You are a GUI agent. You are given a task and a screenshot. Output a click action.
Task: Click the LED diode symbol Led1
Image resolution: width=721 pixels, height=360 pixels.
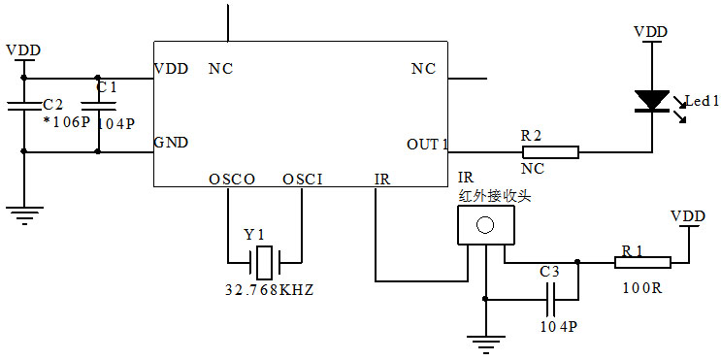coord(650,100)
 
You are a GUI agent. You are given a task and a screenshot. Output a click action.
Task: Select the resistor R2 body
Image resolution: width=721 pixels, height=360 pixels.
coord(550,151)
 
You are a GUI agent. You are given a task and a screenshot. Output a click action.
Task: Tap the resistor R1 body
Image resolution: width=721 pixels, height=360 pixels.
coord(642,262)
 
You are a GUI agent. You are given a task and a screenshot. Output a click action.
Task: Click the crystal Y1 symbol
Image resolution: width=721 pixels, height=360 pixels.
coord(264,261)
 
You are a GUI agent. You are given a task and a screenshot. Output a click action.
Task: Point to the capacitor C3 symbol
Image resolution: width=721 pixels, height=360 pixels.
coord(550,300)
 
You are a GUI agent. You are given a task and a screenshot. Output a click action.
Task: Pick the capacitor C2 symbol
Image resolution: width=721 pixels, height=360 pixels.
coord(24,110)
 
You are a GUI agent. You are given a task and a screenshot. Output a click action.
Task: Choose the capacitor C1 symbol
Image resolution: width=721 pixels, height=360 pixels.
coord(98,110)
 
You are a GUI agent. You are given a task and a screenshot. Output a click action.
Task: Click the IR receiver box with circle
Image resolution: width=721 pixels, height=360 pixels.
coord(483,225)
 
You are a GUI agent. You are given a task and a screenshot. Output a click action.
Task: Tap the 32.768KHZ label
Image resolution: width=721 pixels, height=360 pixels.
coord(264,290)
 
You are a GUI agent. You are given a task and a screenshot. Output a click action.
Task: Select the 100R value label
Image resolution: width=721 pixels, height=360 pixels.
coord(643,288)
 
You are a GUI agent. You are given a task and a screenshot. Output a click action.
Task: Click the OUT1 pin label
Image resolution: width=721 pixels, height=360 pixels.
coord(427,145)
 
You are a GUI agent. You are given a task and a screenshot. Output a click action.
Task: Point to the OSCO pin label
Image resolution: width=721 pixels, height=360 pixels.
coord(231,180)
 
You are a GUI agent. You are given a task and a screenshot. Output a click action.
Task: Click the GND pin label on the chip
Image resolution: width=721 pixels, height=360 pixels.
coord(172,142)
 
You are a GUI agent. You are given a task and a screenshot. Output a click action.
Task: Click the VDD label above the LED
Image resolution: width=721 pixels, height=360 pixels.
coord(650,32)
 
